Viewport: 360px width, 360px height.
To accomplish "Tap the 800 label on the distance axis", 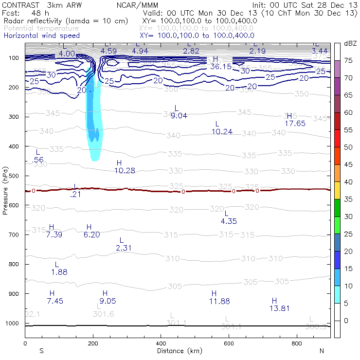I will [x=297, y=344].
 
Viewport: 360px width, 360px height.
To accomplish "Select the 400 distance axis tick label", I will [x=161, y=344].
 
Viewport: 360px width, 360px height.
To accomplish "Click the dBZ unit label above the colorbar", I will [x=350, y=43].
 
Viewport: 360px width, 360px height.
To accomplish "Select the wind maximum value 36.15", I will [x=221, y=66].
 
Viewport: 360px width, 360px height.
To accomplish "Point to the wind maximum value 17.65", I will [x=295, y=124].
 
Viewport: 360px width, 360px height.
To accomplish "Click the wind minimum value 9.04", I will [x=177, y=115].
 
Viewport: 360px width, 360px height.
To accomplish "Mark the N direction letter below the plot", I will [x=322, y=351].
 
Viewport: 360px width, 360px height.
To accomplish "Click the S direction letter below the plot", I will [x=41, y=351].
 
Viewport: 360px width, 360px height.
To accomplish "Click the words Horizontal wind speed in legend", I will [x=41, y=36].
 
